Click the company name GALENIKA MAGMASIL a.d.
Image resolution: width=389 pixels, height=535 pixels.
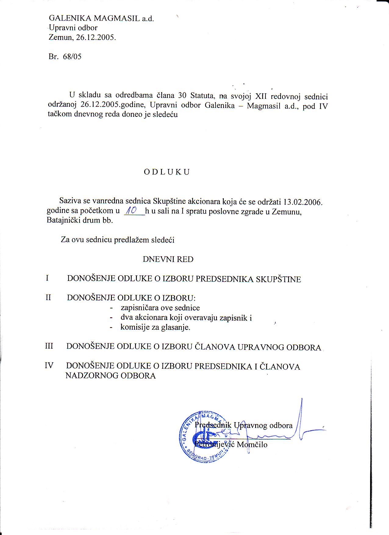pyautogui.click(x=102, y=18)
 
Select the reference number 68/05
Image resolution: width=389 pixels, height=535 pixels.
pyautogui.click(x=72, y=57)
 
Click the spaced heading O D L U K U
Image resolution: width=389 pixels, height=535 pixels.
pyautogui.click(x=167, y=172)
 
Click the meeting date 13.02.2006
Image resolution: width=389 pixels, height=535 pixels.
pyautogui.click(x=303, y=202)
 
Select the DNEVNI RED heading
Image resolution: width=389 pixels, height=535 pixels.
pyautogui.click(x=168, y=259)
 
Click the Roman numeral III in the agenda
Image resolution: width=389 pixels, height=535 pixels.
pyautogui.click(x=49, y=346)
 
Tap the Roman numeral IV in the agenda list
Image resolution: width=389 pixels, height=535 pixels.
pyautogui.click(x=49, y=365)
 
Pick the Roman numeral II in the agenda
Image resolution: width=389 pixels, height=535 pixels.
pyautogui.click(x=48, y=297)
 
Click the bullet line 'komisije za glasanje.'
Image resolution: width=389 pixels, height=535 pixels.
pyautogui.click(x=155, y=328)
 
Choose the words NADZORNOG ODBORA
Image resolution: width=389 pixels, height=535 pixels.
pyautogui.click(x=110, y=375)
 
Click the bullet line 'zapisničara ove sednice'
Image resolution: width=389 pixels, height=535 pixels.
pyautogui.click(x=160, y=308)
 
